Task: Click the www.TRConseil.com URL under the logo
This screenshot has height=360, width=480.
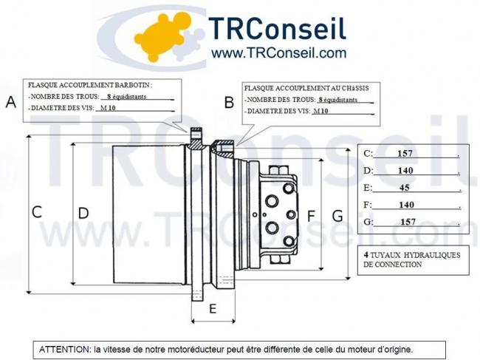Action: [278, 53]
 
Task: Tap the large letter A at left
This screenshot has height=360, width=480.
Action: [11, 103]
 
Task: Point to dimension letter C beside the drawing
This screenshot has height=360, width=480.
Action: [36, 211]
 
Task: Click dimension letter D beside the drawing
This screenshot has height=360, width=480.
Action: [83, 213]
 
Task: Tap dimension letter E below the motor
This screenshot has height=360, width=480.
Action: [213, 308]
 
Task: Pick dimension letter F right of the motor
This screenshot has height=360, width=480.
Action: [311, 216]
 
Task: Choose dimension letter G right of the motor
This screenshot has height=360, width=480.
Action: [337, 216]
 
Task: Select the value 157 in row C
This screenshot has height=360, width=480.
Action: [405, 154]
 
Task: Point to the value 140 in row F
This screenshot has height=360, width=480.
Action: [406, 205]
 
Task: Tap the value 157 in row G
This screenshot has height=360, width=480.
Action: [408, 222]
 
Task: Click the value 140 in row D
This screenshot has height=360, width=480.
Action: [405, 171]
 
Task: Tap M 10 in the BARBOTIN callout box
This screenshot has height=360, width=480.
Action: [107, 108]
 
